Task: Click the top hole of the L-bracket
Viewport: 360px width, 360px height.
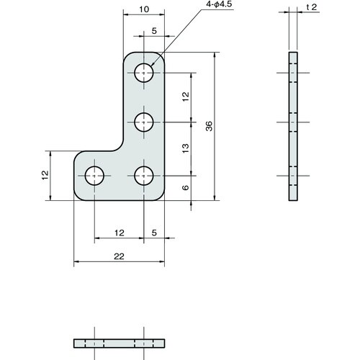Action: (x=145, y=72)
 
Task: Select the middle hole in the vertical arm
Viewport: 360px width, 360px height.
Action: (x=145, y=122)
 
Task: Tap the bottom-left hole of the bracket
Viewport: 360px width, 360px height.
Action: (x=95, y=175)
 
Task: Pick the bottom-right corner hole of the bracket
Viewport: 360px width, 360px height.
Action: (x=145, y=175)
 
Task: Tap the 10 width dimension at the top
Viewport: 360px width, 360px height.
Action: (x=145, y=9)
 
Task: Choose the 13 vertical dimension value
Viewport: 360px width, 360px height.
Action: (x=185, y=148)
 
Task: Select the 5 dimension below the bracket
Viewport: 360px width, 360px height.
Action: (x=154, y=233)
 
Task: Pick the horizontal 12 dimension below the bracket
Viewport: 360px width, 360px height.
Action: (x=120, y=233)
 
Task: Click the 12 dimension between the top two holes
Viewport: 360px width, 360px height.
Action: (x=185, y=96)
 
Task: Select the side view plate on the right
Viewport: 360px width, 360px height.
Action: (x=292, y=126)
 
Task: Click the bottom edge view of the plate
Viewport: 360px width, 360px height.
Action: (x=119, y=342)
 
